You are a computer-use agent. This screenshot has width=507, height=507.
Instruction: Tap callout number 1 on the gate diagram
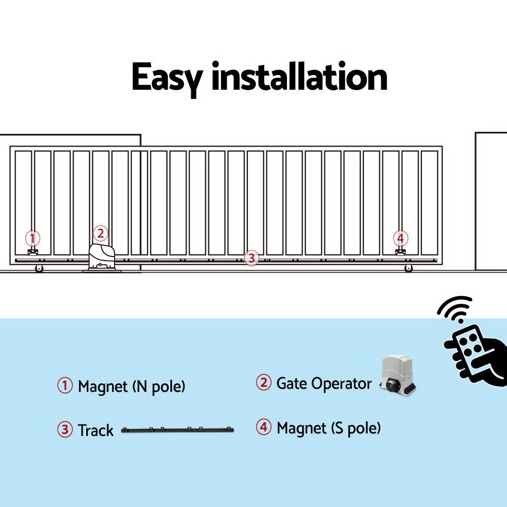pos(32,238)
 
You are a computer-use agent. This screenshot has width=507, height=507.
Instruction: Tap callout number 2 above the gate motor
pos(100,233)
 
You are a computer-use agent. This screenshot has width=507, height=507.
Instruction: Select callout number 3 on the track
pos(251,258)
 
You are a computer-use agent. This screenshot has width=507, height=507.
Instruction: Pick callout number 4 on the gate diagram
pos(401,238)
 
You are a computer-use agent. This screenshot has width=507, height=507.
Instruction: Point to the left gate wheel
pos(39,269)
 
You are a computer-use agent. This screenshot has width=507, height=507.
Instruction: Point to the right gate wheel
pos(409,269)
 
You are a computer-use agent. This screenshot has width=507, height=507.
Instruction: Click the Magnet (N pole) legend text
pos(131,386)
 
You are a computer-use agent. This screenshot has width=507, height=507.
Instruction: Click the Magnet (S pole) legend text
pos(329,428)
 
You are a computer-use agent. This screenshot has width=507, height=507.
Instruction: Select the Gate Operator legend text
pos(324,383)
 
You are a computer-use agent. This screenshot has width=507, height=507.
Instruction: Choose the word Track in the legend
pos(95,430)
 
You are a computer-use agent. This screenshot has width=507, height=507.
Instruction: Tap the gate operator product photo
pos(398,375)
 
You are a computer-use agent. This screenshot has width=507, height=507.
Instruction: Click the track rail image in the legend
pos(178,430)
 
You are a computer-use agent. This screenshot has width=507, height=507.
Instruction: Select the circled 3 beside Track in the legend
pos(65,430)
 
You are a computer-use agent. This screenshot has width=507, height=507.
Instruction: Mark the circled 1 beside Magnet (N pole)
pos(65,386)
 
